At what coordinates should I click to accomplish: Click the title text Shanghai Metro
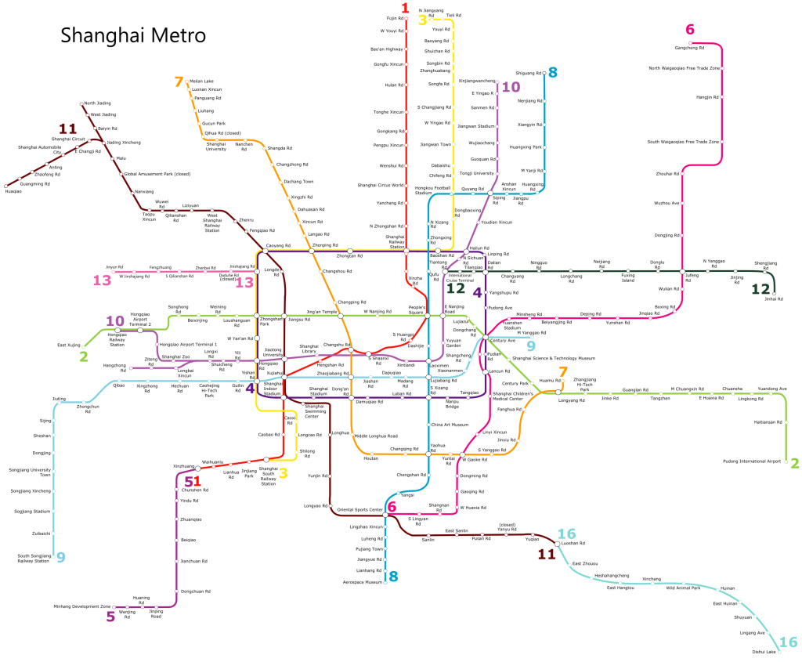click(133, 35)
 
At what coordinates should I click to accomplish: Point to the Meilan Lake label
click(201, 81)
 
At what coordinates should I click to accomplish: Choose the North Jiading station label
click(99, 103)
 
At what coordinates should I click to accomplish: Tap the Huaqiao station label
click(13, 191)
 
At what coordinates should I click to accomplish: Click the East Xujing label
click(69, 345)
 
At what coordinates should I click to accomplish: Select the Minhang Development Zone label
click(82, 606)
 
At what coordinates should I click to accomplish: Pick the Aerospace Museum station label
click(363, 582)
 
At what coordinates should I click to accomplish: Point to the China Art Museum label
click(450, 425)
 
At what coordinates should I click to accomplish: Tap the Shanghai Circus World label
click(381, 186)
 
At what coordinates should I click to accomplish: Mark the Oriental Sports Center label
click(359, 510)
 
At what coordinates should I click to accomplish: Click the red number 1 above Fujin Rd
click(405, 9)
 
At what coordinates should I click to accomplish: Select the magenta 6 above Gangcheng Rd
click(689, 31)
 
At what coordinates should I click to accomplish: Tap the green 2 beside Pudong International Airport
click(794, 463)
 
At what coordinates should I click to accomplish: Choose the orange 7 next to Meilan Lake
click(179, 81)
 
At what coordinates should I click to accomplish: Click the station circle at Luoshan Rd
click(558, 543)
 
